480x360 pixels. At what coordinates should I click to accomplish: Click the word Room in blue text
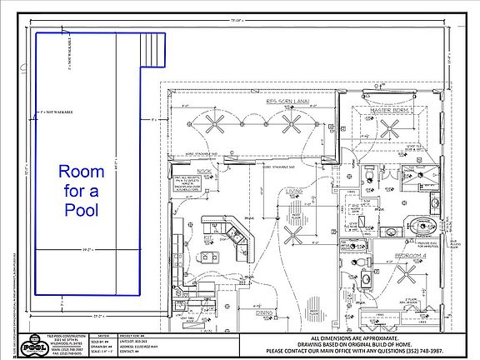pos(81,172)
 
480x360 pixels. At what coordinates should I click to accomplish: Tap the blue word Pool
pos(81,209)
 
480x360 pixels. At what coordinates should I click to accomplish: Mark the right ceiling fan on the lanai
pos(292,124)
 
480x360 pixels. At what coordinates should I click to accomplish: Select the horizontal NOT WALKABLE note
pos(56,111)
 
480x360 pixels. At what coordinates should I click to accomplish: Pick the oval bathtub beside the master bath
pos(416,220)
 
